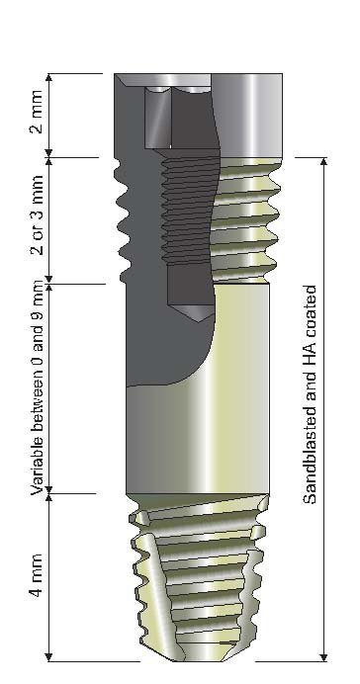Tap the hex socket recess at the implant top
(x=159, y=114)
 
